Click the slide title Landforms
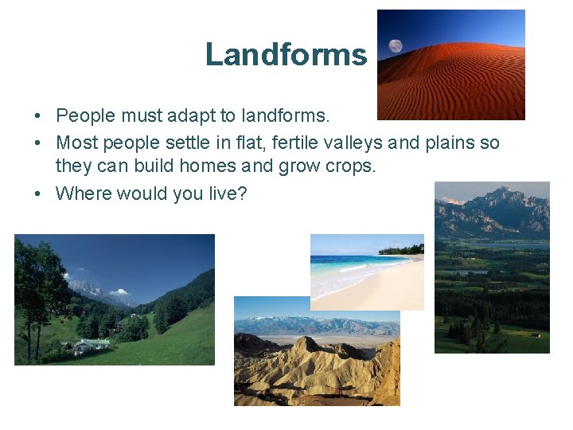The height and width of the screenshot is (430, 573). point(286,54)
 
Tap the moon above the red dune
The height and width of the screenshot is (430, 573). point(396,46)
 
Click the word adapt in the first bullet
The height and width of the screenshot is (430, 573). point(193,116)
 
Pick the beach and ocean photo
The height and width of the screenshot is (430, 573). point(367,272)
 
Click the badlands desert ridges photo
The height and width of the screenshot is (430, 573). point(317,358)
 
